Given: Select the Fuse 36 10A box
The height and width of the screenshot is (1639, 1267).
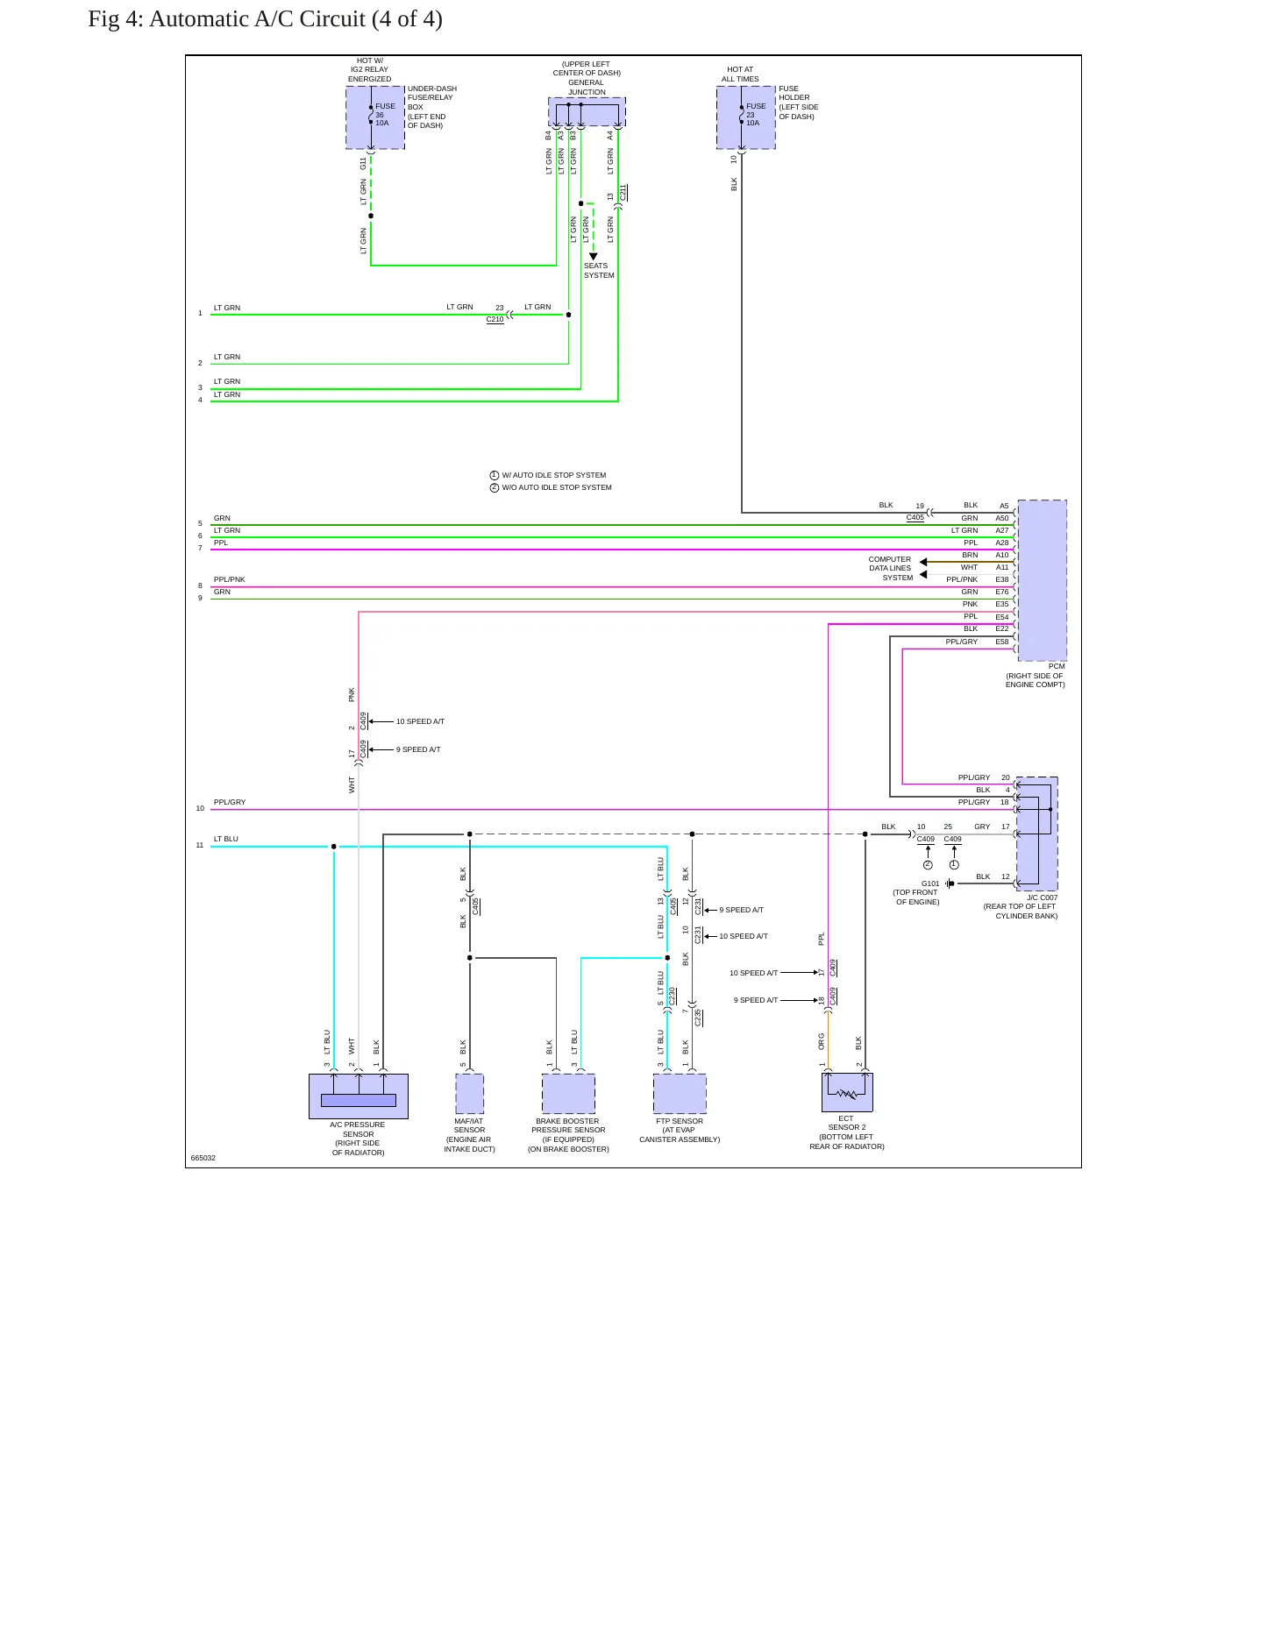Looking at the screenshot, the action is (375, 117).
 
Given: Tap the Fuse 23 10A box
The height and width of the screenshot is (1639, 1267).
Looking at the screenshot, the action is (746, 117).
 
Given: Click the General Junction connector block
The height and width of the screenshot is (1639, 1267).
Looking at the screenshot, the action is (587, 111).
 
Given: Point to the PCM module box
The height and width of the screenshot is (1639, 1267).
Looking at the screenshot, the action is (1042, 579).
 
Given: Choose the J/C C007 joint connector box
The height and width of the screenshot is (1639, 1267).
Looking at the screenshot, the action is (1036, 834).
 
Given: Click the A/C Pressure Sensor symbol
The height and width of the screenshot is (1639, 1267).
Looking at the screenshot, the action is (359, 1096).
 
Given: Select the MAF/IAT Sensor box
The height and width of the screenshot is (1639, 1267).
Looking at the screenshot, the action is (470, 1094).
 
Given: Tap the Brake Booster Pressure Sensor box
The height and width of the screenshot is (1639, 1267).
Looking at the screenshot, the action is (568, 1094).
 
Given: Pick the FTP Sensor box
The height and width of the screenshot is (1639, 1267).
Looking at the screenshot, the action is (680, 1094).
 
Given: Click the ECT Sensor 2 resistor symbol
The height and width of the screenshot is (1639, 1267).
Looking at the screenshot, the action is (847, 1092).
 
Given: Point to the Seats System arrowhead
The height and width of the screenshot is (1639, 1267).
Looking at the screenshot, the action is (594, 256).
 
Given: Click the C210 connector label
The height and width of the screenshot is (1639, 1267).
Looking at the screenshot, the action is (495, 320).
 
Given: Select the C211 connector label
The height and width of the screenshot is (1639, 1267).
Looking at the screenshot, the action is (623, 194).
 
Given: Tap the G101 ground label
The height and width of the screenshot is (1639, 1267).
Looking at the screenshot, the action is (930, 883).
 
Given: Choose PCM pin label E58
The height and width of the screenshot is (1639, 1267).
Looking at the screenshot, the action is (1002, 642).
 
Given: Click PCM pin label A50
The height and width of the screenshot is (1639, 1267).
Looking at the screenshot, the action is (1002, 518).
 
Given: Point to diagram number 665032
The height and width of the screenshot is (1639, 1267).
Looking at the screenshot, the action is (203, 1158).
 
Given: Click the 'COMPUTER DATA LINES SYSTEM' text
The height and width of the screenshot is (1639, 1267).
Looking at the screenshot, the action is (891, 568).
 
